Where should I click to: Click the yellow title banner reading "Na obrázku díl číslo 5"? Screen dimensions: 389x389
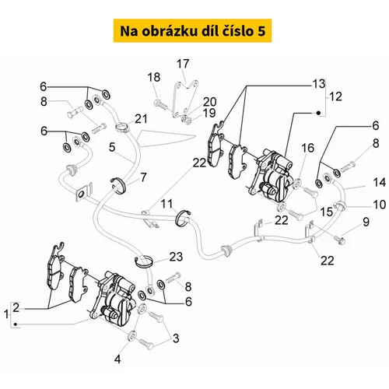192,30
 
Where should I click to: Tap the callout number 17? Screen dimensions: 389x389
183,64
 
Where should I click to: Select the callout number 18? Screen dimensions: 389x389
154,77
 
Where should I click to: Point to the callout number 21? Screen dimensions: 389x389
141,119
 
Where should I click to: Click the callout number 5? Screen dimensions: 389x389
112,147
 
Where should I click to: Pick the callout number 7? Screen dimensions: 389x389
143,177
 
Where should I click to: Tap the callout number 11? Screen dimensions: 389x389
166,204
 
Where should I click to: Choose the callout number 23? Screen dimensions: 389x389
176,257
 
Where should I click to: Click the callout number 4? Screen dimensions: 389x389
117,359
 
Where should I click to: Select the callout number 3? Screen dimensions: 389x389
176,338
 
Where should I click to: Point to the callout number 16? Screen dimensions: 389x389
307,148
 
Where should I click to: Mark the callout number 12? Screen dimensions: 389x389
335,96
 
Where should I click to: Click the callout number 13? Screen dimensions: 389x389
319,84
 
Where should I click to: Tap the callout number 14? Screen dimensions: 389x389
380,183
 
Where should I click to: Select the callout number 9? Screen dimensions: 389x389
366,222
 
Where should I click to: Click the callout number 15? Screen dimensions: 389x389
326,212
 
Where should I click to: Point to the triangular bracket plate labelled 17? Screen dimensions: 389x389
185,99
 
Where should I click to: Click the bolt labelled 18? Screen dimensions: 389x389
161,104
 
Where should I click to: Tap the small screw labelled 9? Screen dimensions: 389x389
339,240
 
